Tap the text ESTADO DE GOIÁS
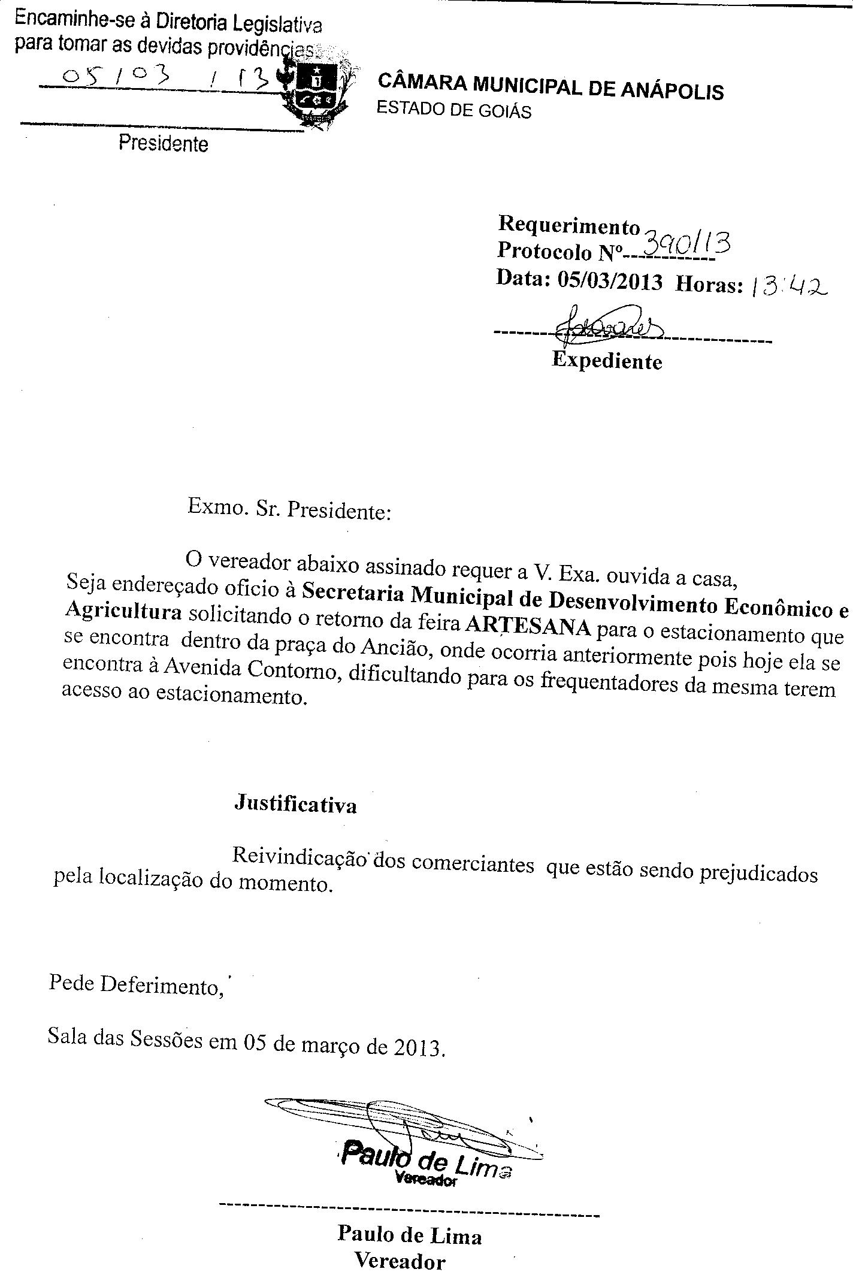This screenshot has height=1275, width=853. click(453, 110)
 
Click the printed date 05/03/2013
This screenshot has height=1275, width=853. click(610, 281)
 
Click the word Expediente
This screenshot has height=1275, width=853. click(607, 361)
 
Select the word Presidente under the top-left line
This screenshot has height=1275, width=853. click(163, 144)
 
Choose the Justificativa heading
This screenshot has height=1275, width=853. click(295, 804)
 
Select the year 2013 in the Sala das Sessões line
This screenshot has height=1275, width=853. click(419, 1048)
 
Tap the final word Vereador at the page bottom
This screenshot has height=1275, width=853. click(400, 1262)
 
